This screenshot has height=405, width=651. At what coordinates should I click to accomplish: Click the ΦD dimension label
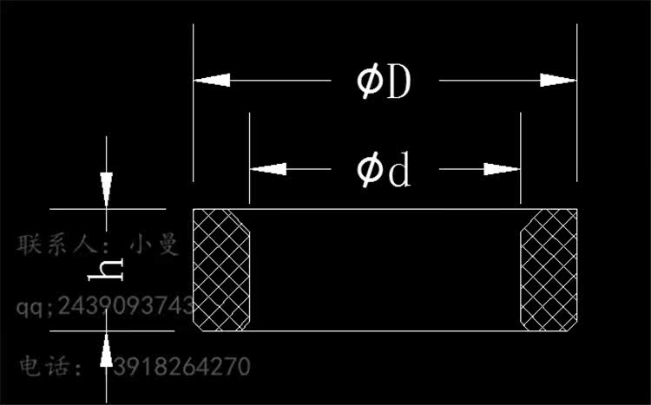383,82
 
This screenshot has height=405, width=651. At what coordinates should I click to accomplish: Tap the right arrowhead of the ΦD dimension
557,80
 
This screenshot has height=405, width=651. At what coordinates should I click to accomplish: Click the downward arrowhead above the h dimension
106,189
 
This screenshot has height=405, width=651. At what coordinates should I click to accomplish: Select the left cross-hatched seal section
221,270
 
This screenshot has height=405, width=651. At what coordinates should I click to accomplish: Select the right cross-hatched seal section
549,270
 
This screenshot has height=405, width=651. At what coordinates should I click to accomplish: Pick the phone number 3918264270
181,366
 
